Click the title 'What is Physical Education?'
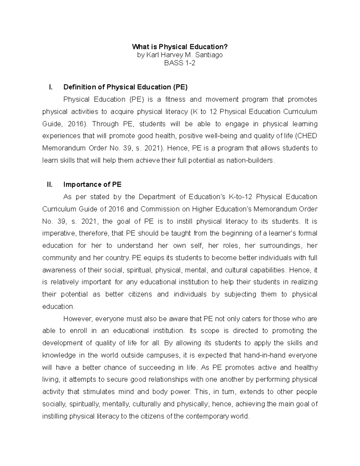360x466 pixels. (x=180, y=47)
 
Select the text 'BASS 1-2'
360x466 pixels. (x=180, y=63)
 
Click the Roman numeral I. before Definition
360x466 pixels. (x=50, y=87)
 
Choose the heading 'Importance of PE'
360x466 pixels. (x=92, y=185)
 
